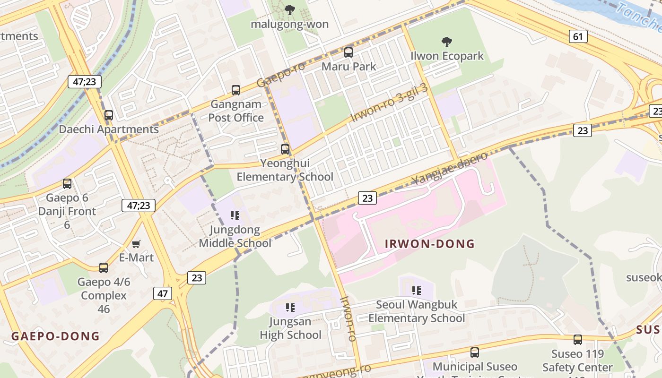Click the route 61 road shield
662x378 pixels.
578,36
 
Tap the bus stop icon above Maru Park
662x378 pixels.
348,52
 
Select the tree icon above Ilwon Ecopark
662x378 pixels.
446,42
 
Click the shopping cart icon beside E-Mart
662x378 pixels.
136,244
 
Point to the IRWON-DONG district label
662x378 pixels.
429,244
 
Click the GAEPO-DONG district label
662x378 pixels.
55,336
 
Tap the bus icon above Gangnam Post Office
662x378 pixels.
235,90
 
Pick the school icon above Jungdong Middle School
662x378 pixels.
235,216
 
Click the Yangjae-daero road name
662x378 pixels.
449,169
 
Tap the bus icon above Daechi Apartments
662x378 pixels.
109,115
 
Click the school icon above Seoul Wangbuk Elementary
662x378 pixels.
416,291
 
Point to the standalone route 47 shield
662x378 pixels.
163,293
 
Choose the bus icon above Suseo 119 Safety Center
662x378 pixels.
577,340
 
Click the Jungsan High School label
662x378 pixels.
290,328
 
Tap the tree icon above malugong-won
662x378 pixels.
290,10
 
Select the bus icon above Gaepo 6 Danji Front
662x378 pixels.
67,184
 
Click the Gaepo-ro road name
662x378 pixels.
281,75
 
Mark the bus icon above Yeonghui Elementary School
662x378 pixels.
285,149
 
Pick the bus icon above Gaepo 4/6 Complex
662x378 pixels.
104,268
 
